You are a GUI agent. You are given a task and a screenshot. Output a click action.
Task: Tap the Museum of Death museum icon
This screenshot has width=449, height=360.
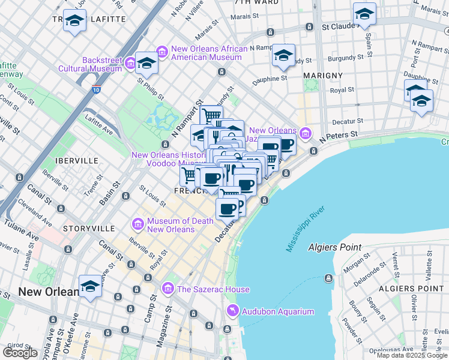(138, 225)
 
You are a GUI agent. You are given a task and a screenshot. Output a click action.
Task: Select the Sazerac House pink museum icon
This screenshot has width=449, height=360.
(168, 289)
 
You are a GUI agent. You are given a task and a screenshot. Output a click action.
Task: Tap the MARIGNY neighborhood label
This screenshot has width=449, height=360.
(323, 75)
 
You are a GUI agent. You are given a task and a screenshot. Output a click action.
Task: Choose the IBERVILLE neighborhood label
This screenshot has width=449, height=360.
(76, 161)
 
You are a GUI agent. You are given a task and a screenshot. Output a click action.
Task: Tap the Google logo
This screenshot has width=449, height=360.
(20, 352)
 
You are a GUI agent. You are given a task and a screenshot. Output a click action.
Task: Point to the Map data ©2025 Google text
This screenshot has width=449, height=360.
(412, 355)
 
